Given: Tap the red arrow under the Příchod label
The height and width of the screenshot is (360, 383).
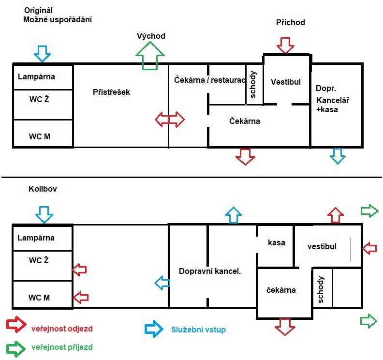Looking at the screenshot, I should pos(285,45).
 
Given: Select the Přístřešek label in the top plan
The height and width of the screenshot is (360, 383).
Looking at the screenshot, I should pos(111,91).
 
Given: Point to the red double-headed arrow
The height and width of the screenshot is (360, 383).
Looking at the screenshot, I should pos(169,119).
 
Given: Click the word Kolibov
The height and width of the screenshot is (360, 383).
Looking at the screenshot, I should pos(43,189).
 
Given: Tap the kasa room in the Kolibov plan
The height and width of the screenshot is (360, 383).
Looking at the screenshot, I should pos(276,242).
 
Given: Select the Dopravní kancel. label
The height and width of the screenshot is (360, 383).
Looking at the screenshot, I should pos(210,271).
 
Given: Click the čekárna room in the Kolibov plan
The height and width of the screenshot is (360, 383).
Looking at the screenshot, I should pos(281,290).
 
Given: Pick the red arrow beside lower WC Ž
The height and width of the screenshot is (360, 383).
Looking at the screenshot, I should pos(79,269).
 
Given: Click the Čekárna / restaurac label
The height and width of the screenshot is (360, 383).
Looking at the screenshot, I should pos(209,80).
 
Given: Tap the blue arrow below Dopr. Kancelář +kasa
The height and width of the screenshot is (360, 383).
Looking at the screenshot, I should pos(338,155).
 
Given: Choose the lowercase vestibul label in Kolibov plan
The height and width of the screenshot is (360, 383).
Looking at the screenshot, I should pos(322,246).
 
